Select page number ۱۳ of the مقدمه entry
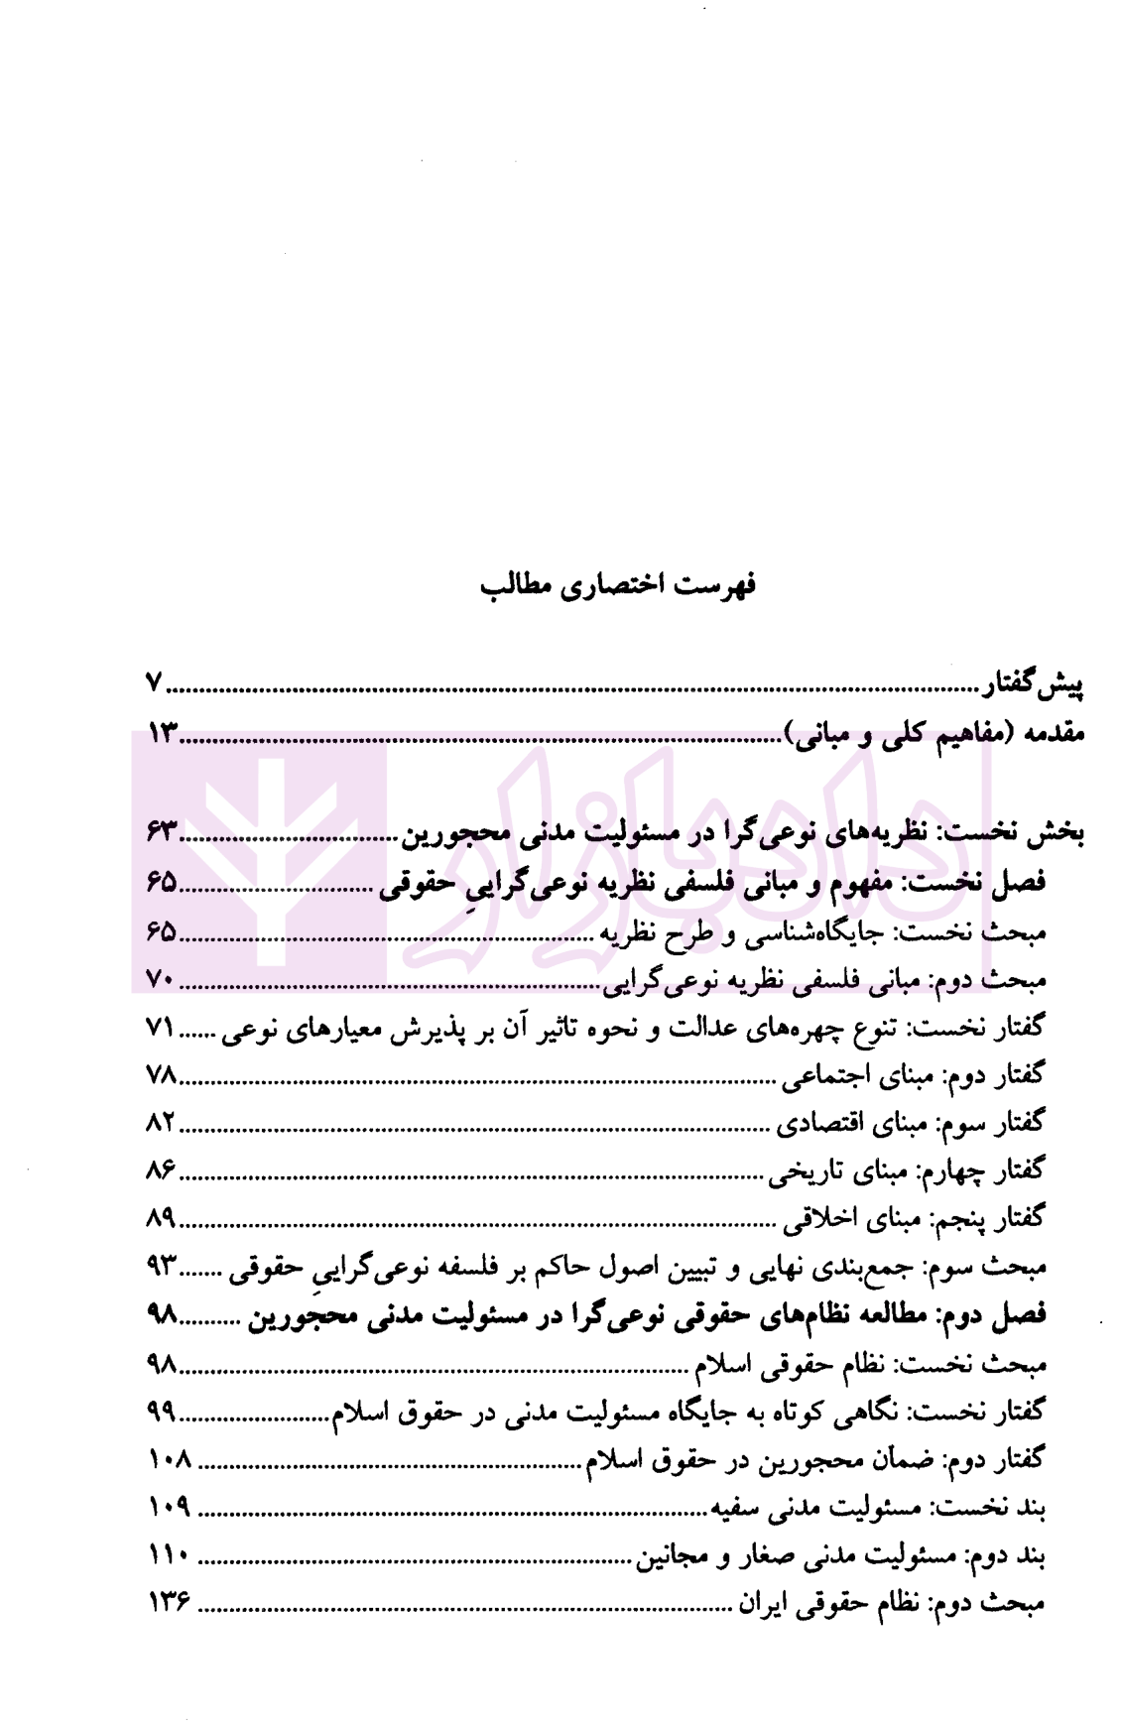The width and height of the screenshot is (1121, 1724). (163, 735)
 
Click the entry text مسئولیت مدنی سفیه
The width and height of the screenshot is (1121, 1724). (813, 1508)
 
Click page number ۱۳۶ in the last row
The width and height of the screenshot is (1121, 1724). (169, 1604)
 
